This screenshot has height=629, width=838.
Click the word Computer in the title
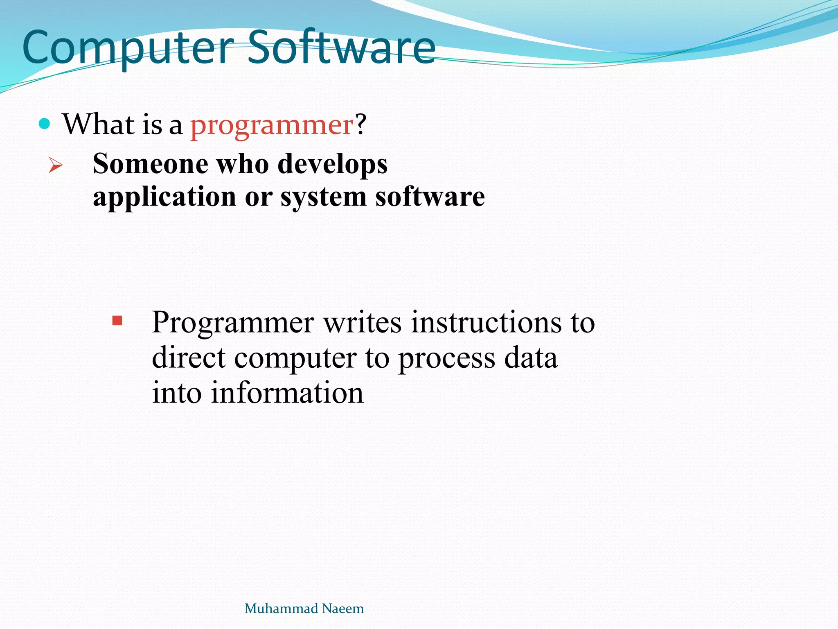tap(128, 48)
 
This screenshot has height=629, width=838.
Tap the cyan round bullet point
tap(44, 124)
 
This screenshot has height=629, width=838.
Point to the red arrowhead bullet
tap(55, 165)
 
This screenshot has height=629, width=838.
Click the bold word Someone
tap(151, 164)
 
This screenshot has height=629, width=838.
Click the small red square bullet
tap(117, 321)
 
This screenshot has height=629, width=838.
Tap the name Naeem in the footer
tap(342, 609)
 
